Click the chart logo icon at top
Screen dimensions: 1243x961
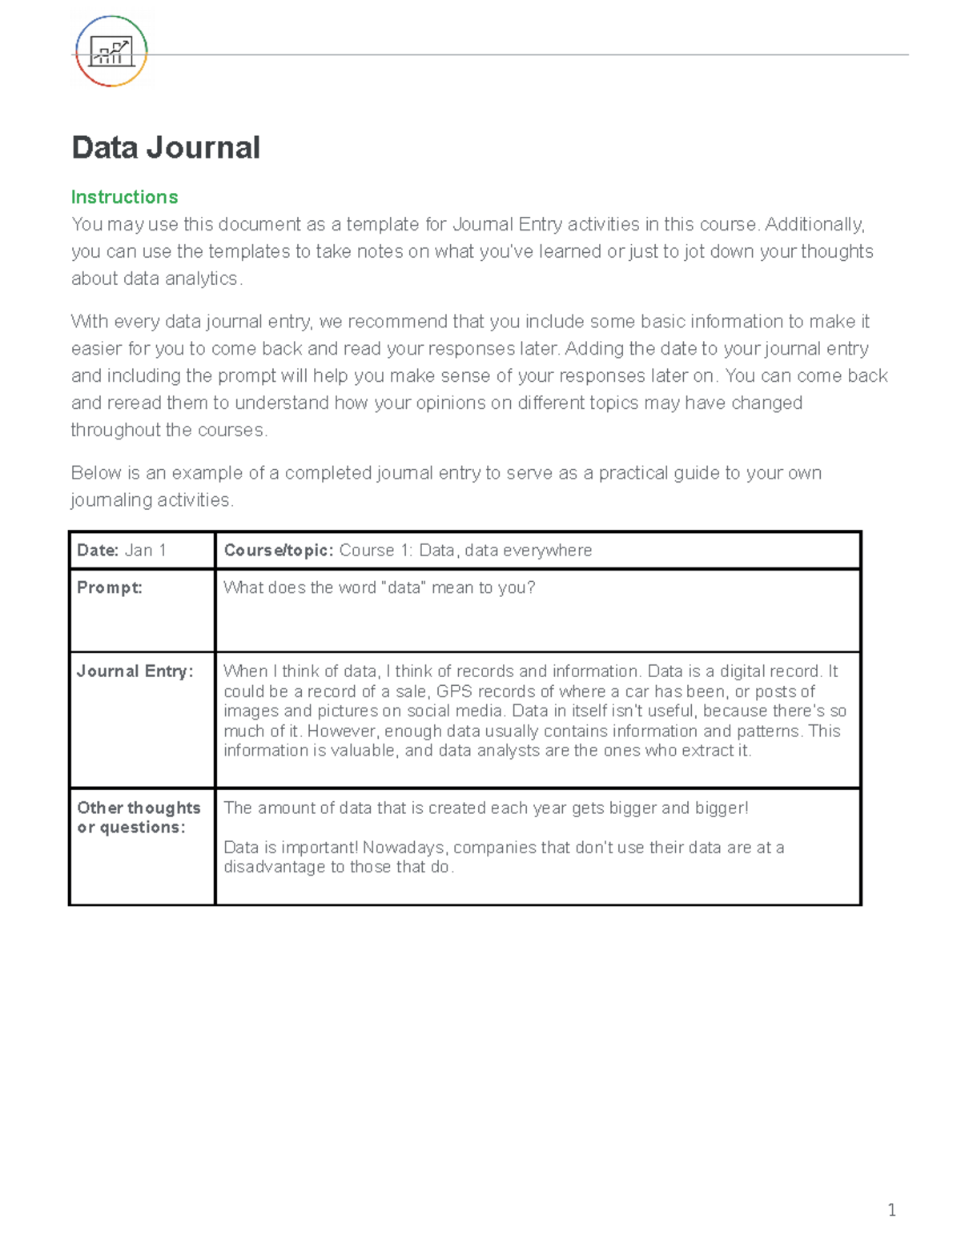(x=111, y=52)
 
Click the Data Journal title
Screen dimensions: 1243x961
(x=166, y=148)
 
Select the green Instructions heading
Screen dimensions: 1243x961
(x=124, y=197)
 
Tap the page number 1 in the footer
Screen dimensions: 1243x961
(x=891, y=1209)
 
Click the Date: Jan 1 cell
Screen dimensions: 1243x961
(x=122, y=551)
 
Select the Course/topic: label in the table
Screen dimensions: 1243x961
(x=278, y=551)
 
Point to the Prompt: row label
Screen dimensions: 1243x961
(x=109, y=587)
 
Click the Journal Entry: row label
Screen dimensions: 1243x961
(x=135, y=672)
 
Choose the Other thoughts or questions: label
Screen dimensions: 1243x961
(x=138, y=817)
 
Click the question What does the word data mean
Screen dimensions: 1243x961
(x=379, y=587)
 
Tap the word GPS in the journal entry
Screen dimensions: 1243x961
(x=454, y=692)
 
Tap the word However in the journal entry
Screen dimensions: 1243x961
(x=344, y=731)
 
